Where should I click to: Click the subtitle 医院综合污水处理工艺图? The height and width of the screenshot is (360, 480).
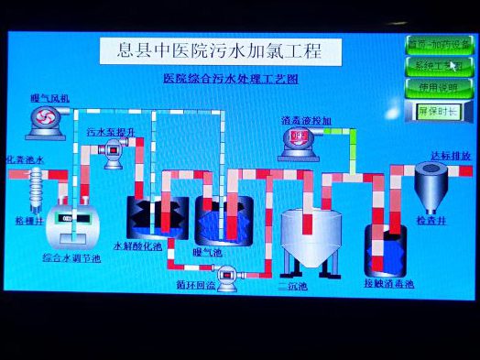tap(230, 80)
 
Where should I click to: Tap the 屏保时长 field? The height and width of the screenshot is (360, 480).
tap(437, 110)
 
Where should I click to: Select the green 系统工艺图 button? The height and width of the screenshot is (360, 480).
tap(437, 66)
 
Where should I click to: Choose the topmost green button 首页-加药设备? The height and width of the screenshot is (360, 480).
tap(437, 44)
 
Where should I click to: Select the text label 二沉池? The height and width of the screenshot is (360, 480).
tap(293, 287)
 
